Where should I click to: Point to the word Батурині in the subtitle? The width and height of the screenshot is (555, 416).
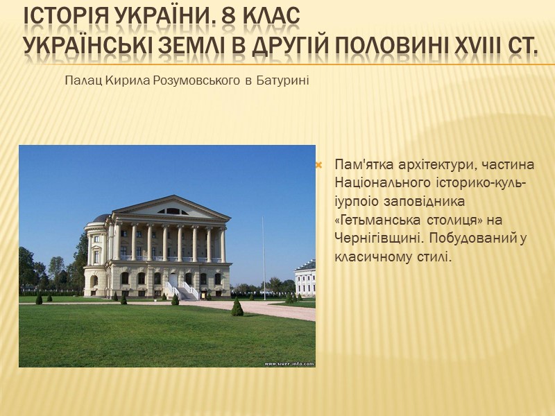pos(282,81)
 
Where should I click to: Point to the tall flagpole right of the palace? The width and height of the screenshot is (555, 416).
pos(263,257)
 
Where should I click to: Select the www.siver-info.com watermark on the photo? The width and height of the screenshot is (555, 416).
pos(289,363)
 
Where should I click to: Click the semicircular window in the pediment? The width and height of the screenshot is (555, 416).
pos(172,211)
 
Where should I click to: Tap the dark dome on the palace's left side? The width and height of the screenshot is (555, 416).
pos(101,218)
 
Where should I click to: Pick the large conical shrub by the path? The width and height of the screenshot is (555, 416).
pos(237,307)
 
